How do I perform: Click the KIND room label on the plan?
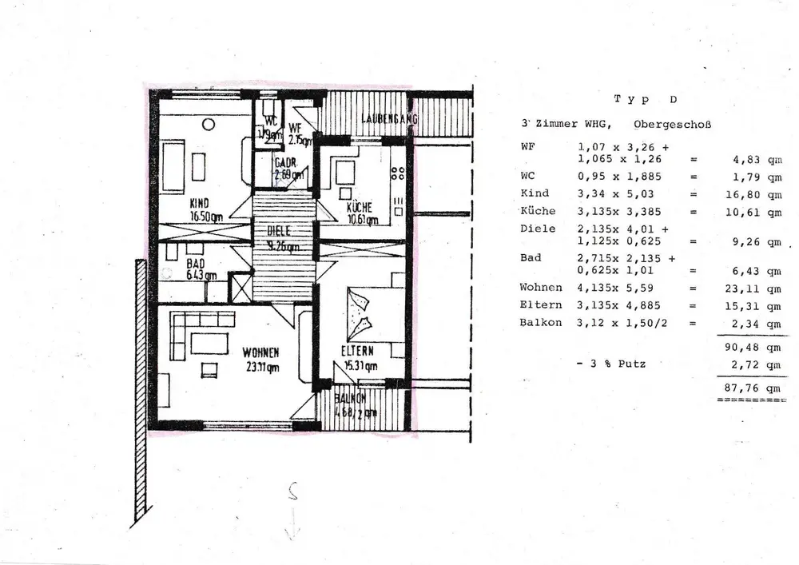(x=199, y=204)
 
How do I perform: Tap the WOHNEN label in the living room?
(x=261, y=352)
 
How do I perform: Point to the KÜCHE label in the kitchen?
(x=360, y=208)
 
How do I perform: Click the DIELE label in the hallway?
(x=279, y=230)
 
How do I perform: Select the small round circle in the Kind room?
(x=208, y=125)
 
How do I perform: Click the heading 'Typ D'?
(x=645, y=100)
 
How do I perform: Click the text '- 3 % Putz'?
(x=610, y=364)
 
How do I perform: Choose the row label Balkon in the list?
(x=541, y=323)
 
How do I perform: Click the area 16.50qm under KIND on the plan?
(x=206, y=216)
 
